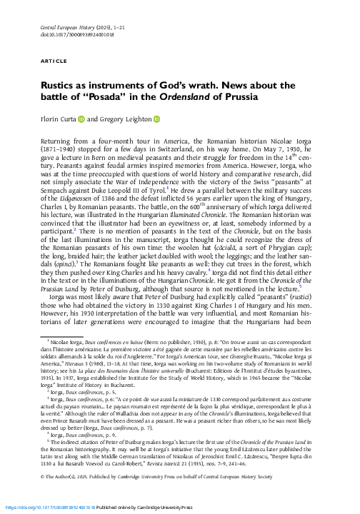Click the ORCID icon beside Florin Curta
90,120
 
